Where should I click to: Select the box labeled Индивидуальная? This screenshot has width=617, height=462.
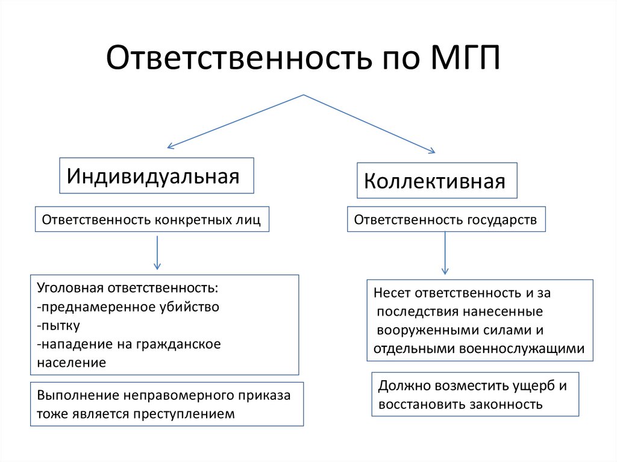(156, 176)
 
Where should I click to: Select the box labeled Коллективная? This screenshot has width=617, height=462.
(436, 181)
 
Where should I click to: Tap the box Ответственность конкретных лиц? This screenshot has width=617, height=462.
(151, 220)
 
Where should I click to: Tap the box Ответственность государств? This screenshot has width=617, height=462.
(446, 220)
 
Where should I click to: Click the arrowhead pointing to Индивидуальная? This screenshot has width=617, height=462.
(171, 146)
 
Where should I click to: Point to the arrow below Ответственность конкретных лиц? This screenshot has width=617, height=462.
(157, 253)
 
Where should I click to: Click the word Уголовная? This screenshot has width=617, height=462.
(65, 288)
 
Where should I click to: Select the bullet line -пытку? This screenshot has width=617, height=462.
(58, 326)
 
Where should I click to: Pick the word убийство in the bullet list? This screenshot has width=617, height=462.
(192, 307)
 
